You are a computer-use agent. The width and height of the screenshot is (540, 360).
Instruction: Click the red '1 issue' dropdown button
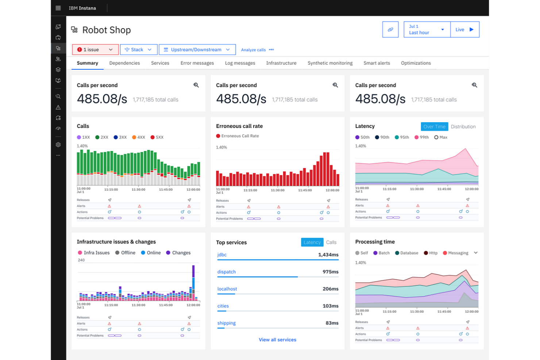95,50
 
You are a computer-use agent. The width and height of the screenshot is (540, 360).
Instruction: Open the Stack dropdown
138,50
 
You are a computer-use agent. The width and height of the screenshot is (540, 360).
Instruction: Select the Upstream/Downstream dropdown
197,50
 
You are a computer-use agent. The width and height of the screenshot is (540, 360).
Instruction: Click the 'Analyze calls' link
253,50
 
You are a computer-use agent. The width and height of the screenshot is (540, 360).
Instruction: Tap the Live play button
464,30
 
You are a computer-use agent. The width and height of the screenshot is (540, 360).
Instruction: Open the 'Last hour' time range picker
427,30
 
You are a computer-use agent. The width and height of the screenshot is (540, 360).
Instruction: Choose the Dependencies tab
124,63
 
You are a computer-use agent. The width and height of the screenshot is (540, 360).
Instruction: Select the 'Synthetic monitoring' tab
330,63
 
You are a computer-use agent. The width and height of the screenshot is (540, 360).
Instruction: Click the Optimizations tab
416,63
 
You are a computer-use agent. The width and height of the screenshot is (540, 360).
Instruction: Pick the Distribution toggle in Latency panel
463,127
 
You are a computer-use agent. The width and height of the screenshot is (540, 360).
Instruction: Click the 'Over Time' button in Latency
434,127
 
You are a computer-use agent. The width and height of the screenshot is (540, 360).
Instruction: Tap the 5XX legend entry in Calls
157,138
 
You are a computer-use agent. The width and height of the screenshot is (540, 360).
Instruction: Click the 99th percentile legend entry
422,138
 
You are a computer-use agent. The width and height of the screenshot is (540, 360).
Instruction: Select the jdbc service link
222,255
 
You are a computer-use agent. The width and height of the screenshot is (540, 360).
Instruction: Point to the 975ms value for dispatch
330,272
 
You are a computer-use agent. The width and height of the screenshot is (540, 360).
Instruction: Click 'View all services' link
277,340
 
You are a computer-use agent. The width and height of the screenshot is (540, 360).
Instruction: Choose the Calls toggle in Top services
331,242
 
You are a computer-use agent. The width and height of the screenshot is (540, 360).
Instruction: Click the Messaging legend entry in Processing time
456,253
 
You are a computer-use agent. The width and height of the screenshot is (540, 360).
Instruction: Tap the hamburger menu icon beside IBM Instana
58,8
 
